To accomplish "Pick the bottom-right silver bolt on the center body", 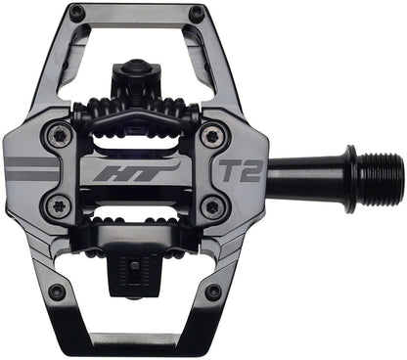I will [211, 207].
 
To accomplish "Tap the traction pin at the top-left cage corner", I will [76, 13].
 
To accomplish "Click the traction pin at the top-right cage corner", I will [196, 13].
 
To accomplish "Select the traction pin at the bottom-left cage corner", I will [57, 292].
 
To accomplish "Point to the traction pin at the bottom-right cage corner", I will [213, 292].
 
